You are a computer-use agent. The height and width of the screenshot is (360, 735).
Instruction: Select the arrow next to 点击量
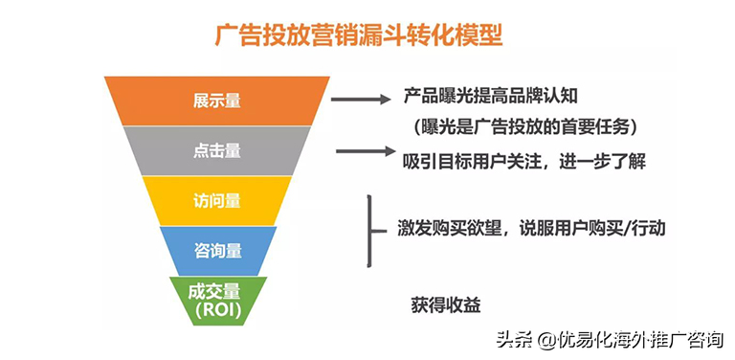pos(365,151)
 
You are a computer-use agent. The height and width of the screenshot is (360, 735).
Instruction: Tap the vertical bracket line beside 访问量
pos(369,230)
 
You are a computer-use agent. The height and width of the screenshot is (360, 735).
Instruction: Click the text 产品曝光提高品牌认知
pos(491,96)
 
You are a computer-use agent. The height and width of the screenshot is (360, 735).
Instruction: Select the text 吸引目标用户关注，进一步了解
pos(524,160)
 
